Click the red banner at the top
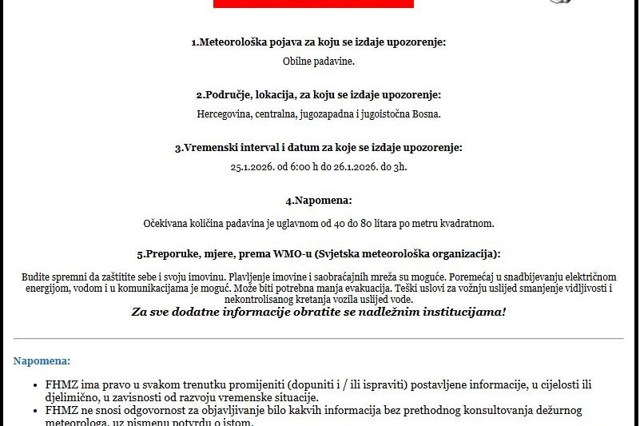point(313,3)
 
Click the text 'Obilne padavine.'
point(319,61)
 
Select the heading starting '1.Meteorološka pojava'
point(319,42)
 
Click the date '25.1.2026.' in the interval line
point(252,167)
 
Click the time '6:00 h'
point(305,167)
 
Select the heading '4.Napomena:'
point(319,201)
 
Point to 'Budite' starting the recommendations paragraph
point(36,277)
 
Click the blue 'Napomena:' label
point(42,361)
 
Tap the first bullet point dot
point(37,385)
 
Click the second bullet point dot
point(37,411)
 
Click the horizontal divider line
point(319,339)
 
